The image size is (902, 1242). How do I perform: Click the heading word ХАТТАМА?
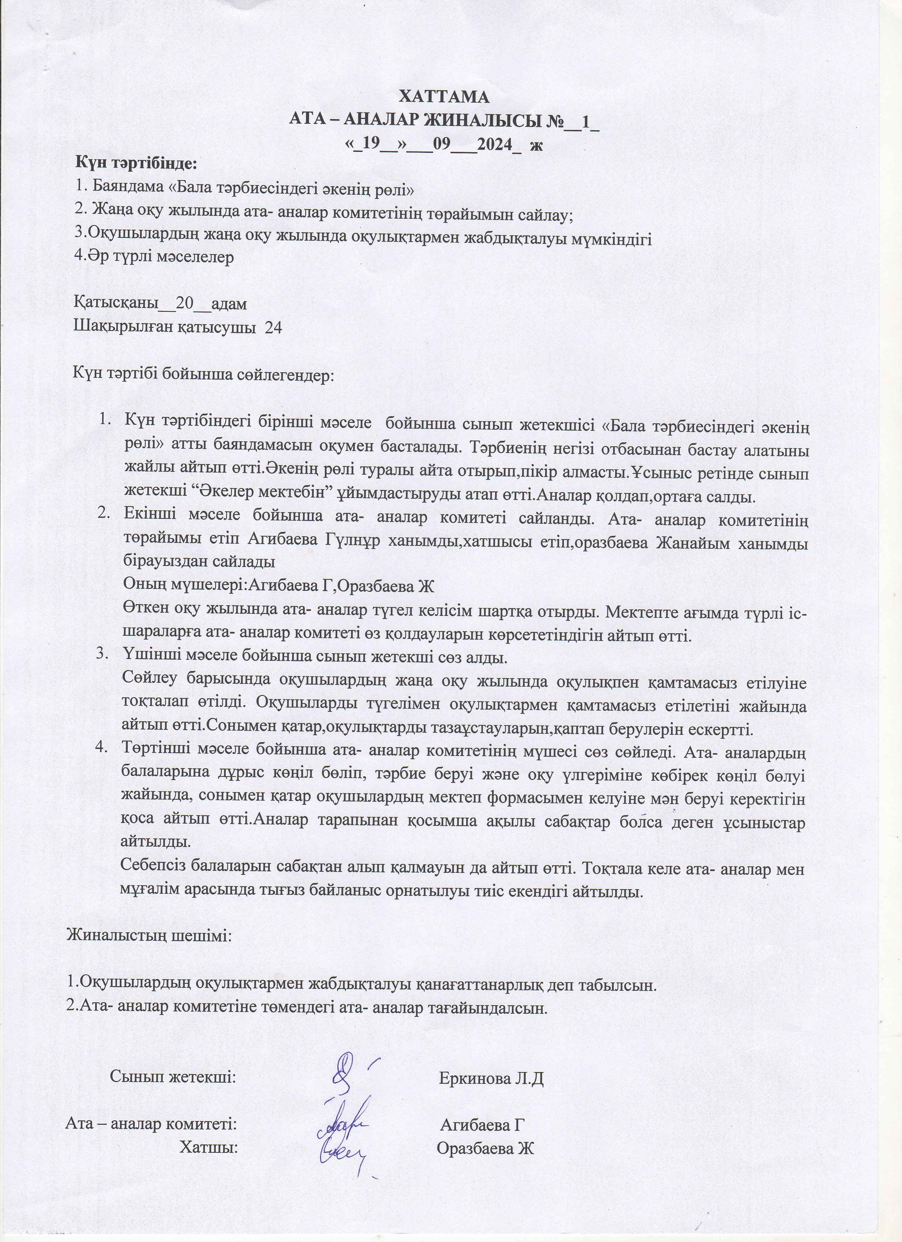444,97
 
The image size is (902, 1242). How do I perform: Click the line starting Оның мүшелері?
278,586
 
